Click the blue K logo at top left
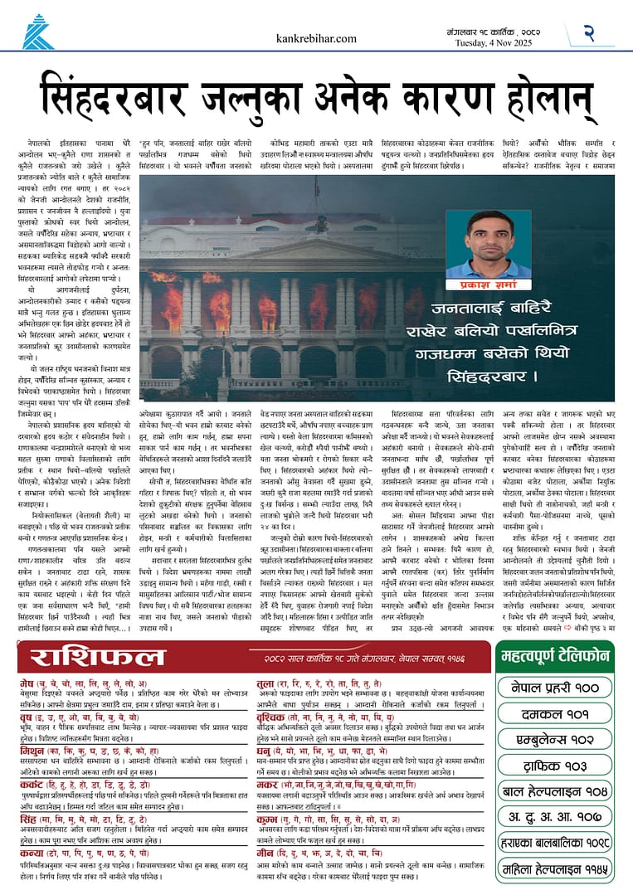37,32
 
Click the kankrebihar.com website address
316,38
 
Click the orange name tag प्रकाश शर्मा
476,283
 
